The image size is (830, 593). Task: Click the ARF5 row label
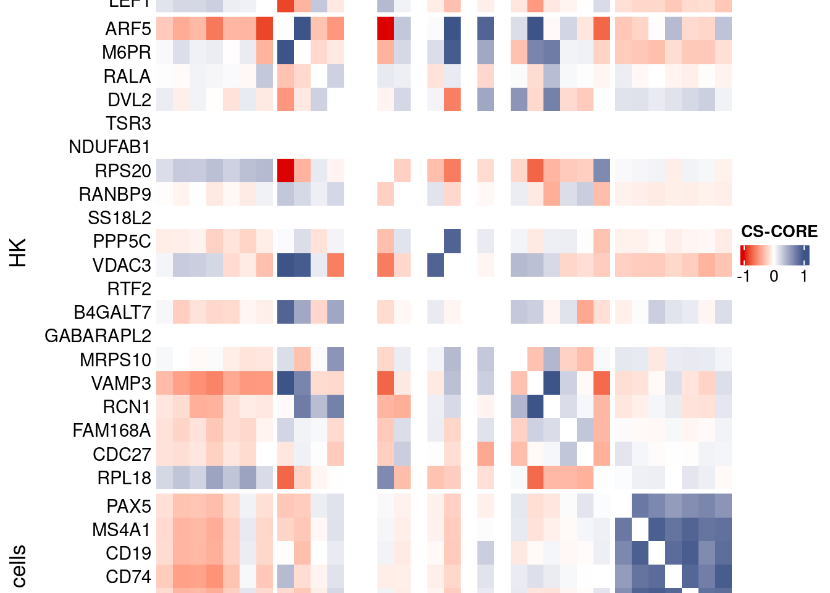(128, 29)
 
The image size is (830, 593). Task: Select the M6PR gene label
(127, 53)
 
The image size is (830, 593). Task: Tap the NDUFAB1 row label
(109, 147)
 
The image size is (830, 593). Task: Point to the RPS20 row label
(123, 170)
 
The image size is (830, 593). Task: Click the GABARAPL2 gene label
(98, 336)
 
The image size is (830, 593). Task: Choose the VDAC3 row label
(122, 265)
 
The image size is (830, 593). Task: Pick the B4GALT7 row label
(112, 313)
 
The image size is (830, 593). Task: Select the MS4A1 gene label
(121, 530)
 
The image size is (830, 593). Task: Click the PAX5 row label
(128, 506)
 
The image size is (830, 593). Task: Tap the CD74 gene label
(128, 577)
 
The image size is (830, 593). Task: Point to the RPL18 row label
(124, 477)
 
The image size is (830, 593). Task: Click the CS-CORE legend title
(779, 232)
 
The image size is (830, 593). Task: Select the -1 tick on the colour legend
(744, 276)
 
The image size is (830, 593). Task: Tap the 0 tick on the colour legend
(774, 276)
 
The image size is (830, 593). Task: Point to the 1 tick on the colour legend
(804, 276)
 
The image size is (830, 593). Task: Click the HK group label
(19, 252)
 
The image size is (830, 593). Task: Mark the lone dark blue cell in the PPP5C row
(452, 242)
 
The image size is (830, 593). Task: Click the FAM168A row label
(112, 430)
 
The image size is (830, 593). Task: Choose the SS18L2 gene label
(119, 218)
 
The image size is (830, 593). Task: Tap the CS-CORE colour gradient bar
(774, 255)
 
